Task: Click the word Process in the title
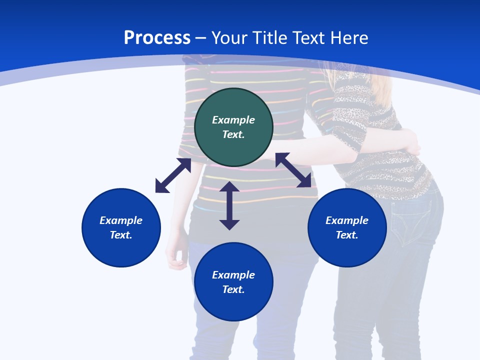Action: tap(157, 38)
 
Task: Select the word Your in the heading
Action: tap(228, 38)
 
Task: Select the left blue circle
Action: tap(121, 227)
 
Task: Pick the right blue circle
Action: tap(347, 227)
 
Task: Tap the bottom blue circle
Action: tap(233, 282)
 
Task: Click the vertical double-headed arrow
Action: tap(229, 205)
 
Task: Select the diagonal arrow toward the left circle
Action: tap(173, 175)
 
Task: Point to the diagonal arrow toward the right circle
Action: tap(293, 170)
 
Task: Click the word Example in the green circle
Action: tap(233, 120)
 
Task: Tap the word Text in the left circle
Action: tap(121, 235)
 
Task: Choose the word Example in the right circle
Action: tap(347, 220)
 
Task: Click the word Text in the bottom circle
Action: tap(233, 289)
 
